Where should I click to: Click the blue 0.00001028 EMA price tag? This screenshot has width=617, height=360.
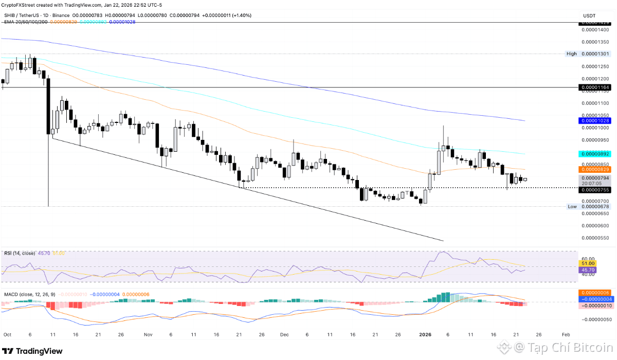pos(595,120)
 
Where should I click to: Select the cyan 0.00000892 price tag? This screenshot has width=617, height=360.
pos(595,154)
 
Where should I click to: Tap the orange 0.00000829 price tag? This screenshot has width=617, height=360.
pos(595,169)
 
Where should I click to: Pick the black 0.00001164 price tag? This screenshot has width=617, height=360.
pos(595,88)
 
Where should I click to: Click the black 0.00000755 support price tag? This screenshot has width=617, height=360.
pos(595,190)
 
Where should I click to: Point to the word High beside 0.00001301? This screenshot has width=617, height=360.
pos(571,53)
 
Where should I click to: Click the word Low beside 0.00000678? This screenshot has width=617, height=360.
pos(572,206)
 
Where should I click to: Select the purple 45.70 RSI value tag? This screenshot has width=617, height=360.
pos(588,269)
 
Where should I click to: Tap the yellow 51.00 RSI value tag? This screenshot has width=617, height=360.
pos(588,263)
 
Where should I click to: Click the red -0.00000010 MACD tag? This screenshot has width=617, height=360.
pos(595,305)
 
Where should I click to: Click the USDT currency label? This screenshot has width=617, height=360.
pos(589,16)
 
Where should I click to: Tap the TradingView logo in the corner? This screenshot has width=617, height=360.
pos(35,351)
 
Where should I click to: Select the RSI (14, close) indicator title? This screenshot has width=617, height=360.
pos(20,253)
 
